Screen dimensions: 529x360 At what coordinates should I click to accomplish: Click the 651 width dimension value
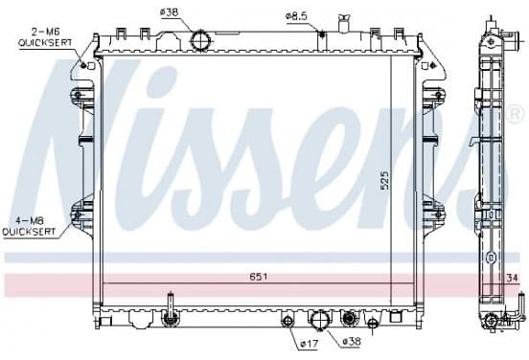tap(259, 277)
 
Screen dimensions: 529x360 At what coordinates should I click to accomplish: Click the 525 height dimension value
tap(384, 181)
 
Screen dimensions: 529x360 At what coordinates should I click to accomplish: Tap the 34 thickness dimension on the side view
tap(512, 278)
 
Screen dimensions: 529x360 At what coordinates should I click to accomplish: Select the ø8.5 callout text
tap(296, 16)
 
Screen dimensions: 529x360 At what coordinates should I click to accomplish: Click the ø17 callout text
tap(309, 344)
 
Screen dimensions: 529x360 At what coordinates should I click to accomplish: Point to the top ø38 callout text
tap(169, 12)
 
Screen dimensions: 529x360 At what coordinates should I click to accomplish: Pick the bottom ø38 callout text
tap(352, 342)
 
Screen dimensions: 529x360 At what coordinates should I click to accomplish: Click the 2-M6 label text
tap(46, 32)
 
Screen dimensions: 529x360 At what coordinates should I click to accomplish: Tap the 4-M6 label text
tap(30, 221)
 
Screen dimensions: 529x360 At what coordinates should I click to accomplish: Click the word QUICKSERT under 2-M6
tap(45, 43)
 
